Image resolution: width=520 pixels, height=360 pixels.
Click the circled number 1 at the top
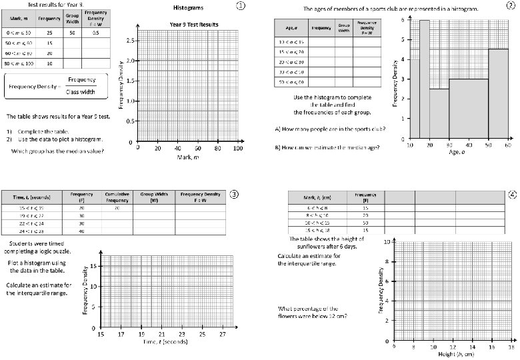(241, 6)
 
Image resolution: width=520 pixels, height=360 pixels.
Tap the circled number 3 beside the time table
(234, 195)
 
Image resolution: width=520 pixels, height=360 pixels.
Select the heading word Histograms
(187, 7)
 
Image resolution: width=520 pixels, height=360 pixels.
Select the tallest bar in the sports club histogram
(424, 79)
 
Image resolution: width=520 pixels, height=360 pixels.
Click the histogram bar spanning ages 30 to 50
(468, 109)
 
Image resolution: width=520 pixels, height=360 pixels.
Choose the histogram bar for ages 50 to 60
(498, 93)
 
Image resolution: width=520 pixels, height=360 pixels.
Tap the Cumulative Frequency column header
(116, 197)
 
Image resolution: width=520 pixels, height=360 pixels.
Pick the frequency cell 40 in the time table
(81, 231)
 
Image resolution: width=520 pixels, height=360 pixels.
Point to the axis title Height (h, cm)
(453, 354)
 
